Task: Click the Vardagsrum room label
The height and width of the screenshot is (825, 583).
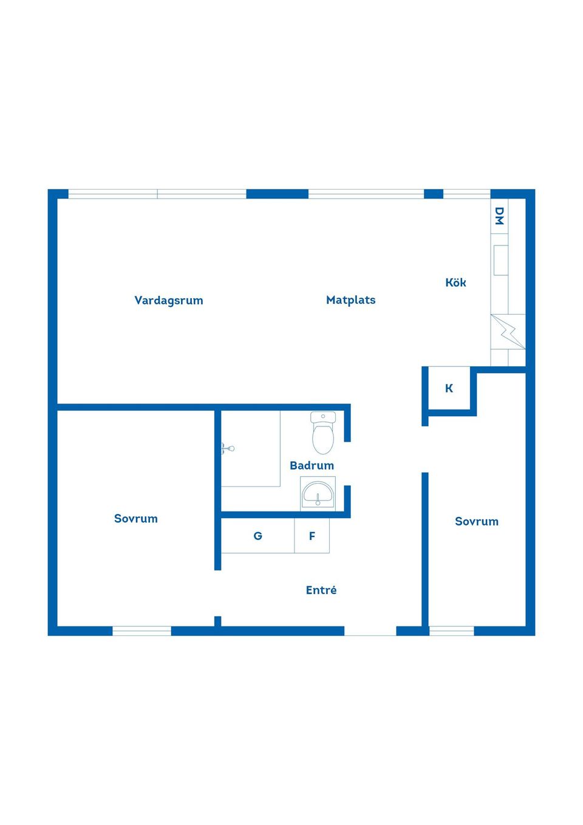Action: coord(169,300)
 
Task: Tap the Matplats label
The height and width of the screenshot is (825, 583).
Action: coord(350,300)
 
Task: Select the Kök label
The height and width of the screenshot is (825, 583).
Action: coord(455,282)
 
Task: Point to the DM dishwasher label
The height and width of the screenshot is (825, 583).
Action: coord(499,216)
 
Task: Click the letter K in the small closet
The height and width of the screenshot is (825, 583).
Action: coord(449,388)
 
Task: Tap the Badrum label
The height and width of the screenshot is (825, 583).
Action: coord(312,465)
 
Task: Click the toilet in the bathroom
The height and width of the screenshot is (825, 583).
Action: coord(323,433)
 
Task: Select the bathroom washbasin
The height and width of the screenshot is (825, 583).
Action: coord(318,493)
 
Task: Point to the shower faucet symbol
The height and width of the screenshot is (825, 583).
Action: coord(227,448)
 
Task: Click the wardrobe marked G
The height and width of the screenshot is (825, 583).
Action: coord(257,536)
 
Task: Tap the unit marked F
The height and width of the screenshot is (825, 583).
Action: coord(312,536)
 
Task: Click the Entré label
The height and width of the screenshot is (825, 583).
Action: coord(321,590)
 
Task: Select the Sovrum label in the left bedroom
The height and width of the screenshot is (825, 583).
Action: coord(136,518)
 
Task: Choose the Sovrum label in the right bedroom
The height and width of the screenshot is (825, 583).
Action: coord(477,521)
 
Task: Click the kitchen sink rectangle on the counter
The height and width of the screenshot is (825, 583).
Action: coord(500,260)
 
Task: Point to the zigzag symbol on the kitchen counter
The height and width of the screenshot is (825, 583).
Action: coord(508,332)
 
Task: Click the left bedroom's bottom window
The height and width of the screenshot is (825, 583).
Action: coord(141,631)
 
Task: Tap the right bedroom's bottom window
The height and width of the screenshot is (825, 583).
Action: coord(451,631)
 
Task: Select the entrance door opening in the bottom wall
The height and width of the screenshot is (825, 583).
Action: coord(370,632)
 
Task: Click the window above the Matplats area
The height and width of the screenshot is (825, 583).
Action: coord(366,194)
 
